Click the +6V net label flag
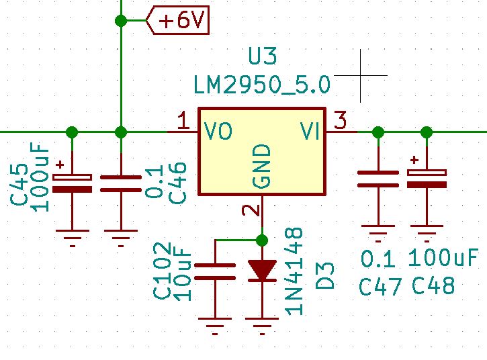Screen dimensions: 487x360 click(177, 21)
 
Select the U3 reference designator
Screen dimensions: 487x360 click(263, 56)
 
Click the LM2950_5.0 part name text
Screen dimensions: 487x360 click(262, 85)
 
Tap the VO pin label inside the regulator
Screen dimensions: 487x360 click(218, 131)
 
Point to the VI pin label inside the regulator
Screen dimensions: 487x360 click(310, 131)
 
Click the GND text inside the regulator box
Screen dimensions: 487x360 click(262, 166)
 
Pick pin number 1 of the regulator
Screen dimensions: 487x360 click(183, 120)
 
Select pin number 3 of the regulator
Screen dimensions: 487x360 click(341, 120)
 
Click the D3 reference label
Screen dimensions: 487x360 click(325, 276)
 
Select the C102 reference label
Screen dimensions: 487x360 click(162, 270)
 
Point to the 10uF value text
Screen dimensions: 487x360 click(182, 275)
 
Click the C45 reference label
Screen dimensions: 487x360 click(19, 185)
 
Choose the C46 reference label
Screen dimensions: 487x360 click(177, 183)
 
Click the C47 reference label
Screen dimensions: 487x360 click(380, 286)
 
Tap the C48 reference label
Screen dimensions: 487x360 click(433, 285)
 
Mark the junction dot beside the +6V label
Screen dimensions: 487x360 click(121, 21)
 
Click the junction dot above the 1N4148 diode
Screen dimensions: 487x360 click(263, 240)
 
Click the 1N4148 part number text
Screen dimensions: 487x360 click(294, 271)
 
